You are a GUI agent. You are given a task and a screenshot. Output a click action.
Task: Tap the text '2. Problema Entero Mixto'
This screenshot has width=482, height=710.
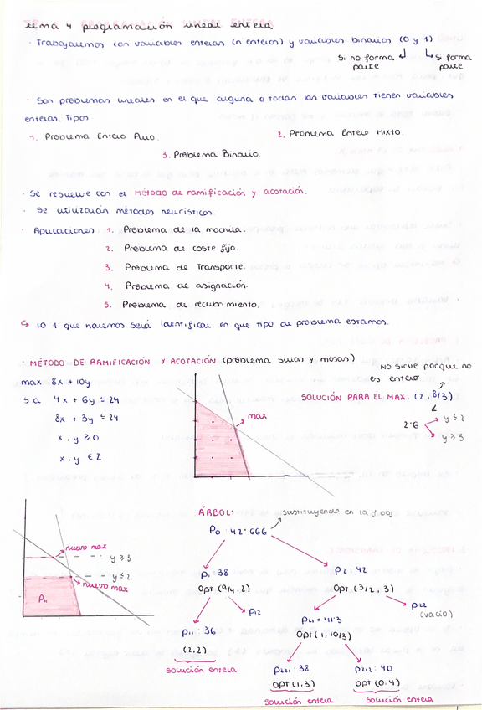pos(339,132)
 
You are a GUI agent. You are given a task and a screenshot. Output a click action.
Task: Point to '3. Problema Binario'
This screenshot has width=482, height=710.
pos(212,154)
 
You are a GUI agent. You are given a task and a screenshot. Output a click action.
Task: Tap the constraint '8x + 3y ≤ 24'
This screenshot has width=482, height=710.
pos(87,419)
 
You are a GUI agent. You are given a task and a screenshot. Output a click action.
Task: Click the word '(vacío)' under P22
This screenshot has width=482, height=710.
pos(434,614)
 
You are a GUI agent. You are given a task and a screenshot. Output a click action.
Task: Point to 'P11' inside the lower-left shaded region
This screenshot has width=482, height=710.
pos(44,599)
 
